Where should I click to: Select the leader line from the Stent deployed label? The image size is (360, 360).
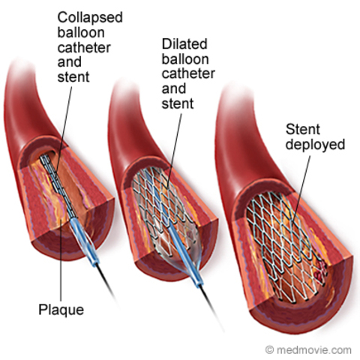(296, 180)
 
